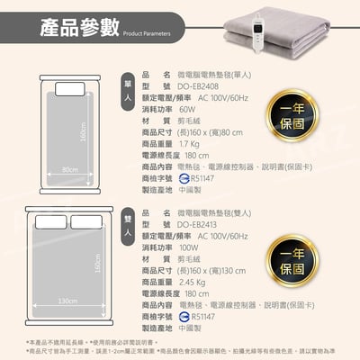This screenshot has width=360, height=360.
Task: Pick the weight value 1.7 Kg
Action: point(188,142)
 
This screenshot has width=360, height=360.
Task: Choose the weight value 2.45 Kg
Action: point(192,282)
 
